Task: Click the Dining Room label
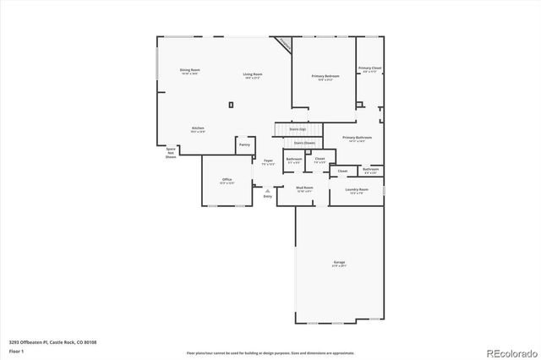click(189, 69)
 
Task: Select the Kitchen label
click(198, 128)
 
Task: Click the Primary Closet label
click(369, 68)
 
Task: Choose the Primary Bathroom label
click(357, 137)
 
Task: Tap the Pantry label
click(244, 145)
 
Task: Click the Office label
click(227, 180)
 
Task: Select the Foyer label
click(268, 160)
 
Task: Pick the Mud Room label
click(304, 188)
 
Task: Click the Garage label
click(338, 263)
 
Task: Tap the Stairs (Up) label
click(298, 129)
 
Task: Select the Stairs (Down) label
click(304, 143)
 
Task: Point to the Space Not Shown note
click(171, 152)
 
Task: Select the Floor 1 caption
click(16, 351)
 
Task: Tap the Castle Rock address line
click(52, 342)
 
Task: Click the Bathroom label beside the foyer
click(294, 159)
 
